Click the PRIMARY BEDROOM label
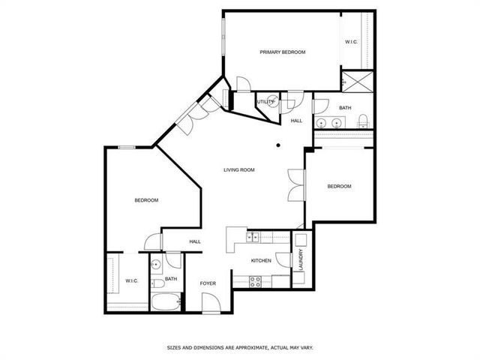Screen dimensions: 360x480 click(283, 52)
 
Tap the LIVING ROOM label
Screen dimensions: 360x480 click(239, 170)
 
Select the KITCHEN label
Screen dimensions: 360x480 click(261, 261)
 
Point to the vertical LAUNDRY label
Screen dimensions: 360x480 click(300, 260)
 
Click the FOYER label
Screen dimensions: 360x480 click(208, 283)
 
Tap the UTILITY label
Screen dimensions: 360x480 click(265, 102)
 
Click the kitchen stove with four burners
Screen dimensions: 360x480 click(255, 282)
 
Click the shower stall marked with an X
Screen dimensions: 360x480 click(357, 80)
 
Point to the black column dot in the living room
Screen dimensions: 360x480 click(277, 145)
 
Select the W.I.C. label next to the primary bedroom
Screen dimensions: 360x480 click(352, 42)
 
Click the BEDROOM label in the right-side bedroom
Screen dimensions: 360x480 click(339, 186)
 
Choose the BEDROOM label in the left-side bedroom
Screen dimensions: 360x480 click(146, 200)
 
